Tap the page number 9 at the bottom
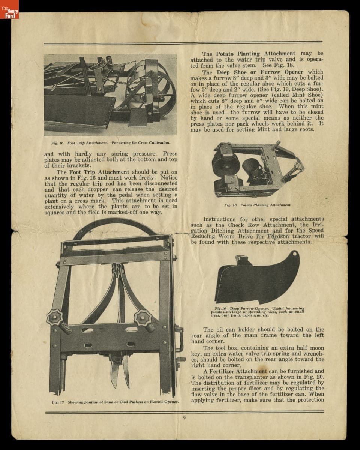[x=184, y=418]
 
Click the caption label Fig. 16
[x=57, y=143]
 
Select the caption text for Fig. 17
[x=115, y=402]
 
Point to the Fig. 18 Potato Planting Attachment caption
[x=257, y=205]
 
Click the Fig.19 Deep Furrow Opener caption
[x=257, y=312]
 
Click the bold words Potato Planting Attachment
[x=255, y=54]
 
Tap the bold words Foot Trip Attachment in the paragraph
[x=99, y=172]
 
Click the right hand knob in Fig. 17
[x=143, y=318]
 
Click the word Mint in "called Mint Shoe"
[x=295, y=95]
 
